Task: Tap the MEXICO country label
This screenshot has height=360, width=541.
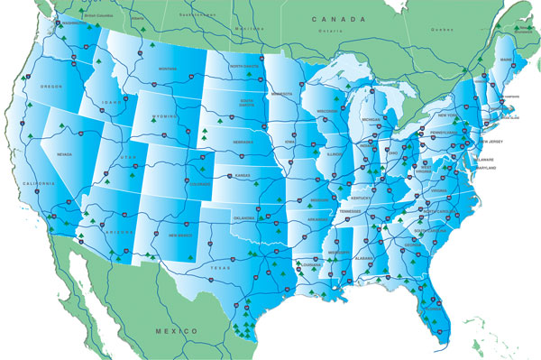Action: pyautogui.click(x=177, y=332)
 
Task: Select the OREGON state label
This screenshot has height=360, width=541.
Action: pyautogui.click(x=52, y=87)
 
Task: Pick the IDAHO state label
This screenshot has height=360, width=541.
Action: pyautogui.click(x=112, y=102)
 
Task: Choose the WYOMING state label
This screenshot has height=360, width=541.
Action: pyautogui.click(x=165, y=116)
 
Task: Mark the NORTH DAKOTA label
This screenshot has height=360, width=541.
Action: pyautogui.click(x=243, y=67)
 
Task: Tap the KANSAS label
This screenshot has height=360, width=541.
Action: pyautogui.click(x=243, y=175)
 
